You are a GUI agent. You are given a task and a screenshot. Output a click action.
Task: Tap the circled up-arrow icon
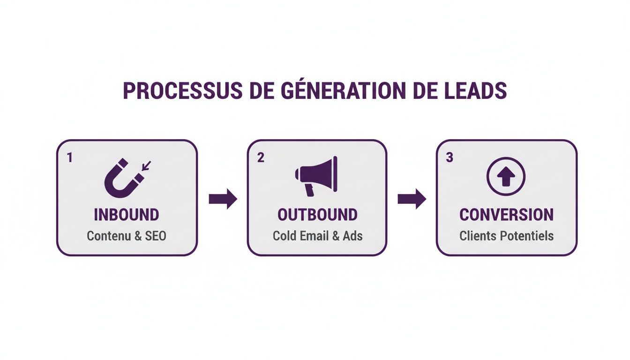pyautogui.click(x=506, y=177)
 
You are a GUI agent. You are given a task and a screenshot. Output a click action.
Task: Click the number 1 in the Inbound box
pyautogui.click(x=70, y=157)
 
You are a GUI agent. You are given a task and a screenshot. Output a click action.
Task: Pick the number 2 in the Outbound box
pyautogui.click(x=261, y=157)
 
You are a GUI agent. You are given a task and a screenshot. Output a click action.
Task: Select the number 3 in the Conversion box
pyautogui.click(x=450, y=157)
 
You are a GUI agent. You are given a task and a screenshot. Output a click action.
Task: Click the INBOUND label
pyautogui.click(x=127, y=215)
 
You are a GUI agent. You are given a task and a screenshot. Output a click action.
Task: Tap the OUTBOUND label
pyautogui.click(x=317, y=215)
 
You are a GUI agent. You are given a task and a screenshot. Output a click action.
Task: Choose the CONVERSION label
pyautogui.click(x=506, y=215)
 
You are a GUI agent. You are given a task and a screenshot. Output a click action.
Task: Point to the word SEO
pyautogui.click(x=155, y=235)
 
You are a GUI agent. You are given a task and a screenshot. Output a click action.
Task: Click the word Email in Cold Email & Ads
pyautogui.click(x=314, y=235)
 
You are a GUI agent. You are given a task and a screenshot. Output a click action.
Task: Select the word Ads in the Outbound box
pyautogui.click(x=352, y=235)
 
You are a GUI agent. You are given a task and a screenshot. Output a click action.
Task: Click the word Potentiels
pyautogui.click(x=525, y=235)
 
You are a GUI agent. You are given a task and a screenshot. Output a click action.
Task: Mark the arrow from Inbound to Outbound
pyautogui.click(x=223, y=199)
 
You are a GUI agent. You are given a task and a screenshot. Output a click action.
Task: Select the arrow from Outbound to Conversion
pyautogui.click(x=412, y=199)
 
